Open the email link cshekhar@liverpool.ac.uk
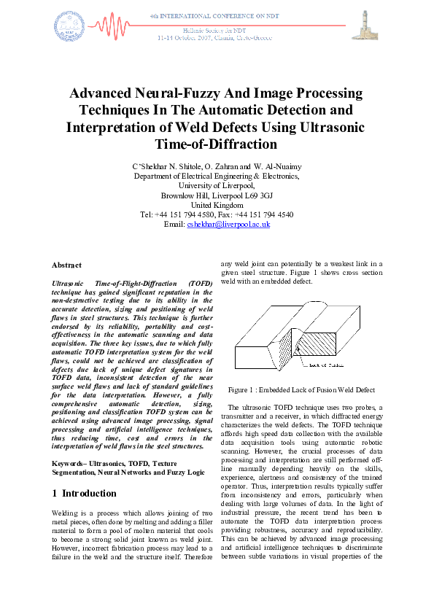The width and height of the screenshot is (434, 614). pos(228,225)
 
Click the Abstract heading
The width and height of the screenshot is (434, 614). pos(67,265)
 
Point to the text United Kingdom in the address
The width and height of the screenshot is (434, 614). pos(217,205)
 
